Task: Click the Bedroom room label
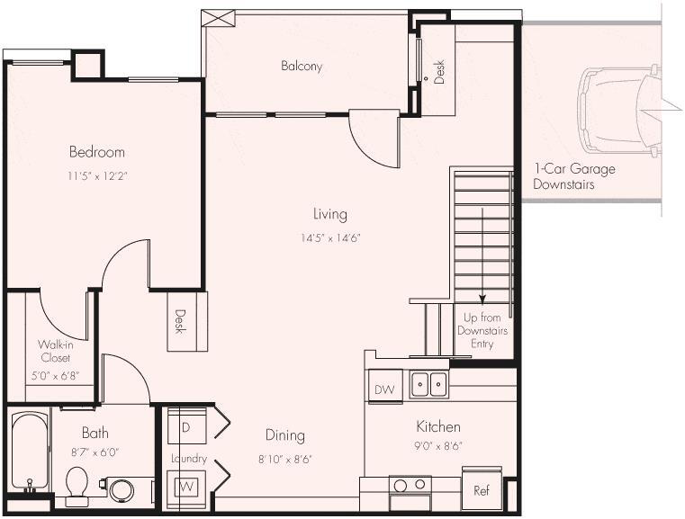tap(96, 152)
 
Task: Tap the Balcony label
tap(301, 67)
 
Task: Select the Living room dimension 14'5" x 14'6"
tap(329, 238)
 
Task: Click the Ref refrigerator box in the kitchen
tap(481, 491)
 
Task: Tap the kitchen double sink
tap(429, 385)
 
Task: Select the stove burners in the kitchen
tap(410, 486)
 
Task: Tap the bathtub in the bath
tap(31, 453)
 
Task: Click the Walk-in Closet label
tap(54, 351)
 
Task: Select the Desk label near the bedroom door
tap(180, 321)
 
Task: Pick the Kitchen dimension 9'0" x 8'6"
tap(438, 445)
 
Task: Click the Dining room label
tap(284, 435)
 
